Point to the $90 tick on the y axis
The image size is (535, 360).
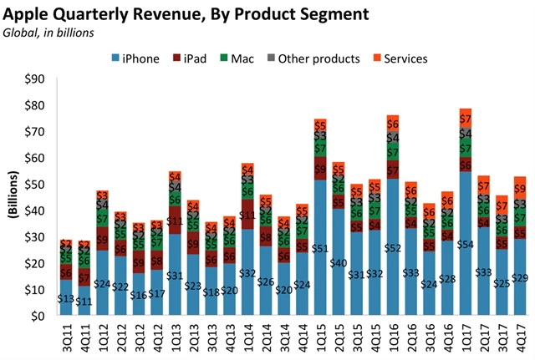(x=38, y=79)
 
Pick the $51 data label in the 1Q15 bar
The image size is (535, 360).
(x=320, y=248)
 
